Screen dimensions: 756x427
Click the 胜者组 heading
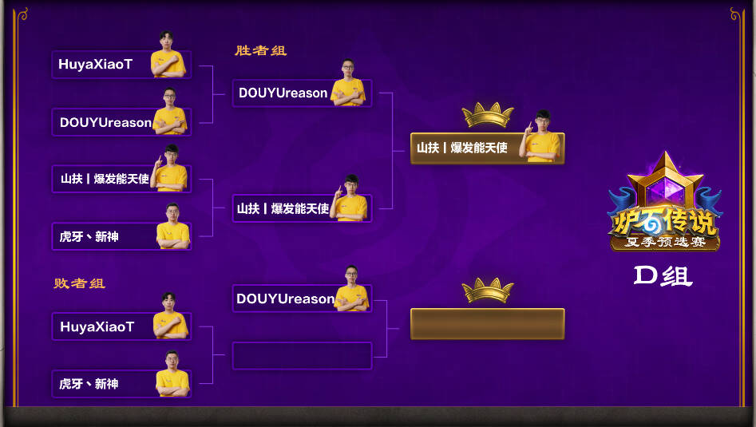click(261, 50)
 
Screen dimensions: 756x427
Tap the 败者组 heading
click(80, 283)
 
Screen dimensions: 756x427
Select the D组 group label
click(663, 276)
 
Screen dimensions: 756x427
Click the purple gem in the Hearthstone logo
click(665, 192)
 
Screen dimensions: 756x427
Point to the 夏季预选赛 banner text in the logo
click(665, 242)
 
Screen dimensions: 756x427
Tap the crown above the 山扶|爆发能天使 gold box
click(488, 115)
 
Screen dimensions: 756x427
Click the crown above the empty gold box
click(488, 291)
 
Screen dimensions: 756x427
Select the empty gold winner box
click(488, 324)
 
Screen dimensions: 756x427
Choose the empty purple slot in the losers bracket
click(303, 356)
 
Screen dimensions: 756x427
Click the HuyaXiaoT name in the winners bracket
click(96, 64)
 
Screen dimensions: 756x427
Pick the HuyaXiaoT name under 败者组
click(97, 326)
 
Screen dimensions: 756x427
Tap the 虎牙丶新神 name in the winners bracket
click(89, 236)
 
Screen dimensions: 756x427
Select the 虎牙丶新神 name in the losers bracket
click(89, 384)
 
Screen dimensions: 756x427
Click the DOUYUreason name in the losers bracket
click(286, 299)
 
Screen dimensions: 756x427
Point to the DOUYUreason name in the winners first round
click(105, 122)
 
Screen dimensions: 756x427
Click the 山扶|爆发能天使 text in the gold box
click(462, 148)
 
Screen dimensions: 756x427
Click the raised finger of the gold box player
click(530, 127)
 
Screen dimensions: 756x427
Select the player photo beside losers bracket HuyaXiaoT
click(170, 316)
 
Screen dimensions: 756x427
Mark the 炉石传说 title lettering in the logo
click(665, 223)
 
